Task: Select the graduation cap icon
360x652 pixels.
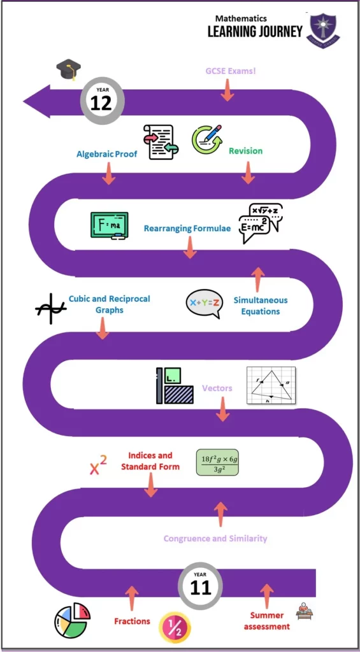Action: point(68,69)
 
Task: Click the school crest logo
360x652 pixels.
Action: point(323,31)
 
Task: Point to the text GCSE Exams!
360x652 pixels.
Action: point(231,71)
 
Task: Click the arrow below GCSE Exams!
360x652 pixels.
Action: point(227,90)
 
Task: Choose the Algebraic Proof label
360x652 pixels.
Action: point(107,154)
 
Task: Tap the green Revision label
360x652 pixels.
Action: point(245,150)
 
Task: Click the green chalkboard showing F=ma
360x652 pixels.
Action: point(110,226)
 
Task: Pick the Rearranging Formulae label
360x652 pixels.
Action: point(187,229)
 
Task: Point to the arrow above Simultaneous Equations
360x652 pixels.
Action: point(258,280)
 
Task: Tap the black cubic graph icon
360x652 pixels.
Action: point(51,309)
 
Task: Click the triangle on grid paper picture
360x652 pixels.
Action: point(271,385)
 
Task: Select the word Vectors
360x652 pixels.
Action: point(217,388)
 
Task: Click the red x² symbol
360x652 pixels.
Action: point(98,465)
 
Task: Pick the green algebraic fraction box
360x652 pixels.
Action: point(217,462)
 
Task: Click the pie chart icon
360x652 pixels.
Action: point(73,620)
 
